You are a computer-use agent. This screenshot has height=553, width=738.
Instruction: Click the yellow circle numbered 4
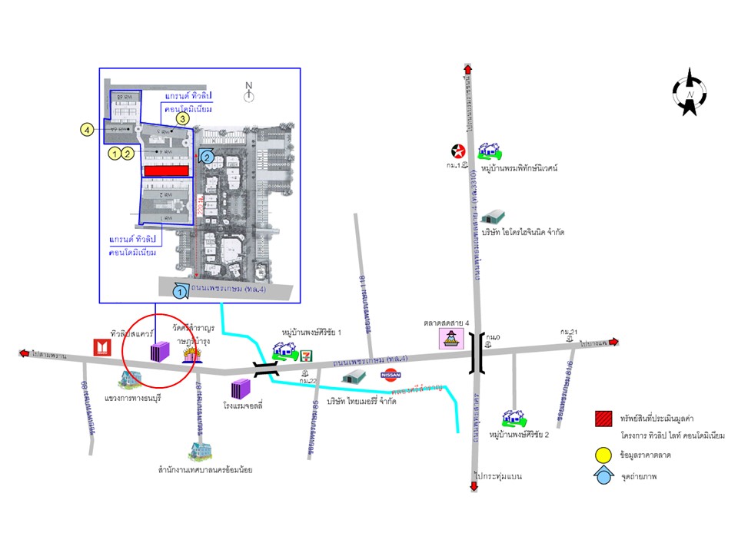[x=88, y=131]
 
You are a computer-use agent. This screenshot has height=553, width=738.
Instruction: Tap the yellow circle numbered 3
[x=182, y=118]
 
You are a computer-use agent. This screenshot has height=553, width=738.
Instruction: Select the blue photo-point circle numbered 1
[x=179, y=292]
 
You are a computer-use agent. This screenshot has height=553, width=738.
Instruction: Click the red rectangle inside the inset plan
[x=166, y=169]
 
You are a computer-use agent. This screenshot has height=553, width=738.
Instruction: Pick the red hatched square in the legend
[x=603, y=419]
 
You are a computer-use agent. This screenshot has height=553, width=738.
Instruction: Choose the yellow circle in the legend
[x=603, y=455]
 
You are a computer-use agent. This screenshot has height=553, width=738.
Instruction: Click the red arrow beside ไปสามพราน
[x=26, y=354]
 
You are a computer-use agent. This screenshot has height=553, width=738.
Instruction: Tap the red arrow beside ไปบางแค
[x=612, y=344]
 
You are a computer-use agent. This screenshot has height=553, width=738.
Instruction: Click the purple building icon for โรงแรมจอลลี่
[x=241, y=388]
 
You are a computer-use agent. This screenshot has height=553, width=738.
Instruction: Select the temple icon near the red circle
[x=191, y=353]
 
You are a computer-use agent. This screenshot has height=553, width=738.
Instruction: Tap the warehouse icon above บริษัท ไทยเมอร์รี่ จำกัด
[x=354, y=376]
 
